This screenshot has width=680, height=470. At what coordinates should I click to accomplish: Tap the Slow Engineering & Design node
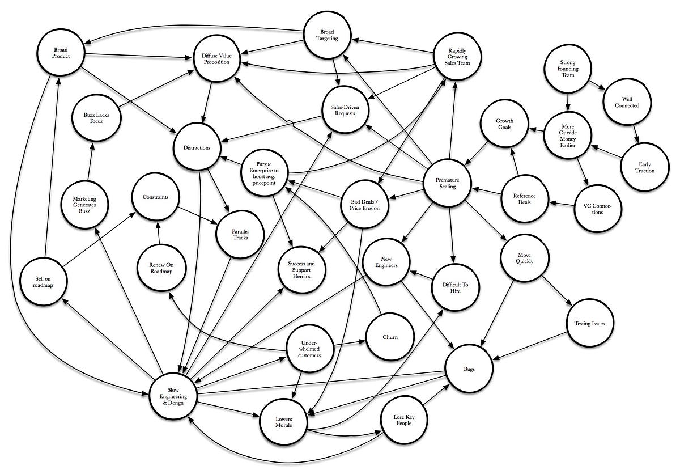tap(173, 395)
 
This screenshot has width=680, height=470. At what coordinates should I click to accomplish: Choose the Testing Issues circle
tap(589, 324)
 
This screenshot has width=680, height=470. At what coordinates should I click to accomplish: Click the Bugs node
tap(468, 369)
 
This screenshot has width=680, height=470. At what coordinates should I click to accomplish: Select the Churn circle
tap(389, 337)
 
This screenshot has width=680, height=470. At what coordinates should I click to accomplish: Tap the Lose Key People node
tap(403, 420)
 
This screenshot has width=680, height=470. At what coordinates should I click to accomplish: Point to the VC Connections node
tap(597, 208)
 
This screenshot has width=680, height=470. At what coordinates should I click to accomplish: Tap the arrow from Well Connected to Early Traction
tap(636, 132)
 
